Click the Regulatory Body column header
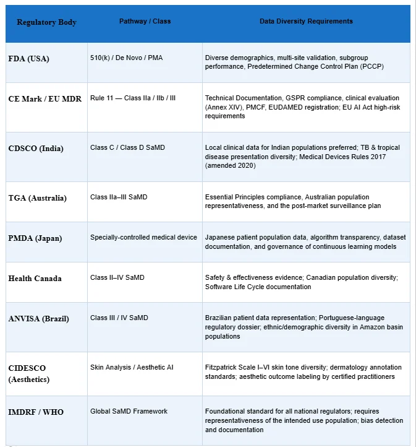pos(47,22)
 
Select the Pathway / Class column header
pos(145,21)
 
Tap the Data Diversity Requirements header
pos(306,21)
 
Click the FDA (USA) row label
pos(29,59)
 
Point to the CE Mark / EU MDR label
pos(45,98)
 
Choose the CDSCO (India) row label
pos(36,149)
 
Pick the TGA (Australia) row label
pos(38,198)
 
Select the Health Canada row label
pos(35,279)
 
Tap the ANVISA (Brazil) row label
pos(39,319)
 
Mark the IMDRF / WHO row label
pos(36,412)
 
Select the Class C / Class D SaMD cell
pos(127,147)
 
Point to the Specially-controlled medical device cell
pos(144,237)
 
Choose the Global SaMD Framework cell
pos(129,411)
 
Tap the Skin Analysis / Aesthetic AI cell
pos(132,367)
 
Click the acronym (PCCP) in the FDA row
pos(370,66)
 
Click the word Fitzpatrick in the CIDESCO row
pos(221,367)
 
